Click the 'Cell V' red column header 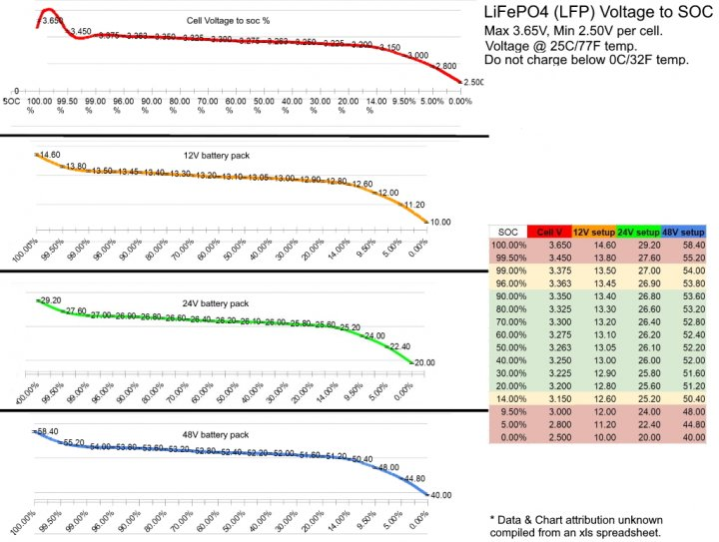(547, 232)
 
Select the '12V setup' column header (592, 232)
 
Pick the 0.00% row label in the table (507, 437)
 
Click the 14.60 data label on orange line (48, 155)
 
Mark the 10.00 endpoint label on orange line (441, 222)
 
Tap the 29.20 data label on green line (50, 300)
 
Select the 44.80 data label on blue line (415, 478)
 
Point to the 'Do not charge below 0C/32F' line (585, 61)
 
